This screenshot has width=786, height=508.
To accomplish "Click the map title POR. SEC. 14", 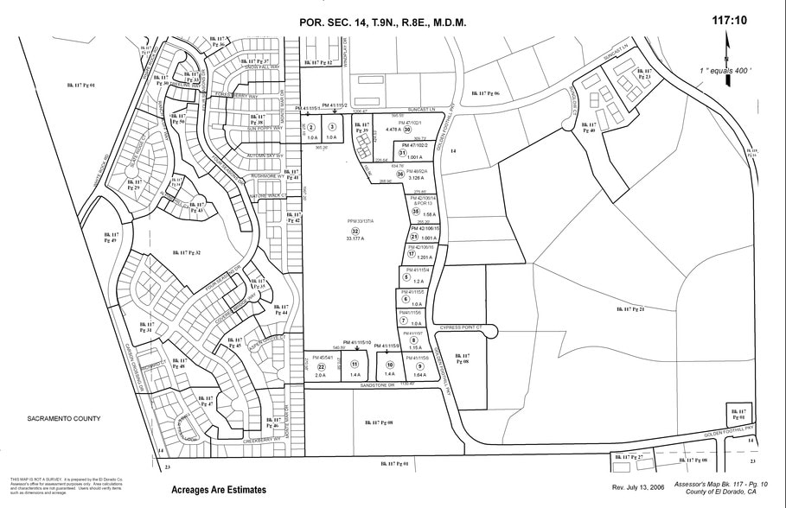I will [x=382, y=22].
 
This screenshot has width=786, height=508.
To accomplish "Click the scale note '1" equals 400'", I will [x=725, y=69].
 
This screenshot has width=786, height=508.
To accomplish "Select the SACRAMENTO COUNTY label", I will [x=65, y=419].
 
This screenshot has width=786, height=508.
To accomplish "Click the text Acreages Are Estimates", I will [x=219, y=490].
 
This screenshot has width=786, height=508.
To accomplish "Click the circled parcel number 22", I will [x=321, y=365].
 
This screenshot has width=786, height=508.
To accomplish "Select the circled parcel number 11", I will [x=355, y=365].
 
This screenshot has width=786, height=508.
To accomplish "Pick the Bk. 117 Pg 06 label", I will [x=485, y=92].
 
